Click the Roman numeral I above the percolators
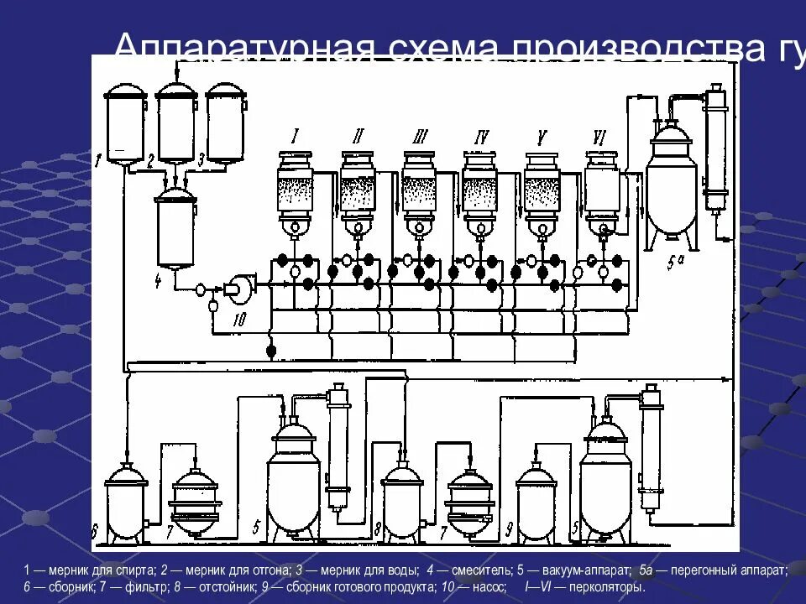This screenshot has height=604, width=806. [x=296, y=135]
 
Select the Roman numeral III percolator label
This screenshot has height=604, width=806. [x=421, y=137]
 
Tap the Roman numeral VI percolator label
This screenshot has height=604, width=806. [x=599, y=136]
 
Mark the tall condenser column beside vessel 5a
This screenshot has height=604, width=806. [x=715, y=151]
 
